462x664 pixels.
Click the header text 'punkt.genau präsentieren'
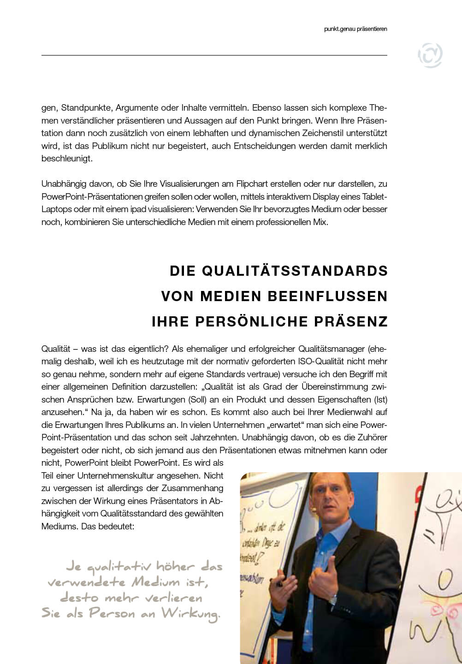coord(355,29)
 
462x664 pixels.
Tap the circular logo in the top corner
coord(430,55)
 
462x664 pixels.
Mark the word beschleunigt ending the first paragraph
coord(67,159)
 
